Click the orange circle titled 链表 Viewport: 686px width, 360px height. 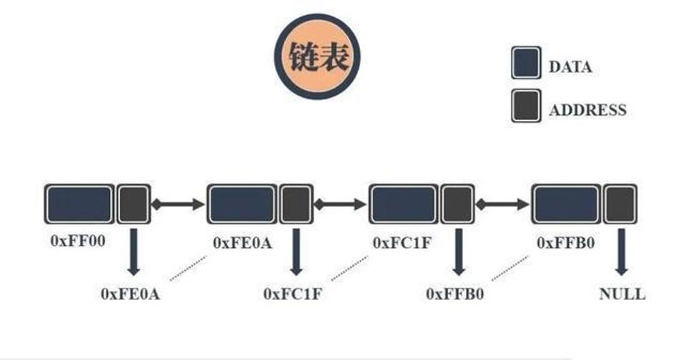317,56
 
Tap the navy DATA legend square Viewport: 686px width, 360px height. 526,63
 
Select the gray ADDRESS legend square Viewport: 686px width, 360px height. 526,106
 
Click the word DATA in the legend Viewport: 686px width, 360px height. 570,67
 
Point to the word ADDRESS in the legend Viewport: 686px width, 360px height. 587,110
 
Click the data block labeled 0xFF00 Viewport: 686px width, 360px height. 79,204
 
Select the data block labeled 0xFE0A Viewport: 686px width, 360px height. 242,204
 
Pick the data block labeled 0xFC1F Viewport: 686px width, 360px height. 403,204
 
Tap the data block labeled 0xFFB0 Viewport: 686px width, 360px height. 566,204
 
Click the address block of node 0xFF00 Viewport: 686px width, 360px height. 134,204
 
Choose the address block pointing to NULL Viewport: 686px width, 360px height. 620,204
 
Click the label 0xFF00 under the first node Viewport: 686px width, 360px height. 78,241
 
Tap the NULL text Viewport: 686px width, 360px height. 622,294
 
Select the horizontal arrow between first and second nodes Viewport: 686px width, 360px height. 178,204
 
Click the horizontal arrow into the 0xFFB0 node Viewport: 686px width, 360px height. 502,204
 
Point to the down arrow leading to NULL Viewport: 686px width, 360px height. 621,252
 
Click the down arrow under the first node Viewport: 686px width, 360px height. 134,252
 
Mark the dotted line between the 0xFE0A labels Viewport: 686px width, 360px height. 188,268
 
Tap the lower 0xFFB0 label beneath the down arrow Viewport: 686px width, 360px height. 455,294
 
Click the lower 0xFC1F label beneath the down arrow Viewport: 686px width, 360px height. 292,294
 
